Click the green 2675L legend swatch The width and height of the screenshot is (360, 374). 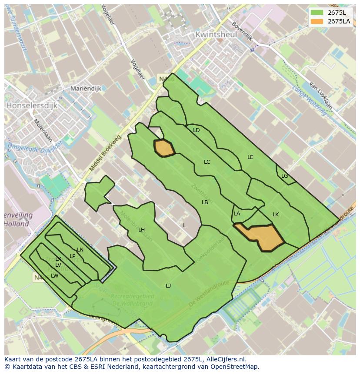[317, 12]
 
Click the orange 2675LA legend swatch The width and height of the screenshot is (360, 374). [317, 21]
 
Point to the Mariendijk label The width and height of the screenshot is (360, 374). [86, 89]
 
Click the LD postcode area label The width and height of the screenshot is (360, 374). [197, 130]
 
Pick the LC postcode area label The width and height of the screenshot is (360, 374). [207, 162]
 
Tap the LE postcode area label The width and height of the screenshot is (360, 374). [250, 157]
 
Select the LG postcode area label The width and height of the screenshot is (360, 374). [285, 176]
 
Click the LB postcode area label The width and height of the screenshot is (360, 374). [205, 202]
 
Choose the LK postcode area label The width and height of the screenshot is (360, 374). [276, 215]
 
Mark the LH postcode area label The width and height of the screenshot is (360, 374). [141, 230]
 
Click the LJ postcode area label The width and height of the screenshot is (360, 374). [168, 285]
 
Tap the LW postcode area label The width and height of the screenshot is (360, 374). [54, 276]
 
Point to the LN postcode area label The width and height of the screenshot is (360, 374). [80, 250]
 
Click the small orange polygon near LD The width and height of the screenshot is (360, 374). [164, 148]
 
